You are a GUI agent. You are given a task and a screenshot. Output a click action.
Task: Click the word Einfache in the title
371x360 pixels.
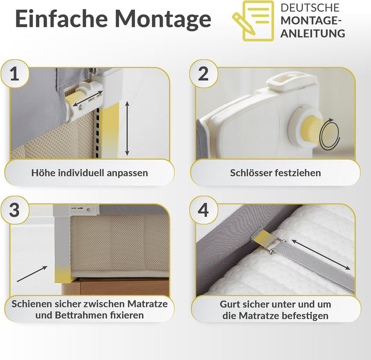61,19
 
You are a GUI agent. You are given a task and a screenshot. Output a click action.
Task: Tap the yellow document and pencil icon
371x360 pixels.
253,21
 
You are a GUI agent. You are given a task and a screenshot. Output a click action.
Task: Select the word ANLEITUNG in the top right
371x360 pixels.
313,33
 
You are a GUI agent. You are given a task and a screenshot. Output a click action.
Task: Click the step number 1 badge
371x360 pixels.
14,74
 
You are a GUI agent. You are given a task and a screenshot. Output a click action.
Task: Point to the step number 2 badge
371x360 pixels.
203,74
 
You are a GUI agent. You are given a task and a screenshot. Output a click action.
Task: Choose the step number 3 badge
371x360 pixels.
14,210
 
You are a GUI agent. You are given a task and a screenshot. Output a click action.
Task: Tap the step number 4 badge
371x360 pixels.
203,210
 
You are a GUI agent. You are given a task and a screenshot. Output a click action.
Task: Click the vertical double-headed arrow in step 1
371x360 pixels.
127,128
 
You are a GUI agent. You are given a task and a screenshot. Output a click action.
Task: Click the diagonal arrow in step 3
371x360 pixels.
32,273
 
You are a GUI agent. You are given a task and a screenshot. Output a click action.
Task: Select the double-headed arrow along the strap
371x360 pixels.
321,254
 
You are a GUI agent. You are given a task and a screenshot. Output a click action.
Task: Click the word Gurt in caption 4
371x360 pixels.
228,304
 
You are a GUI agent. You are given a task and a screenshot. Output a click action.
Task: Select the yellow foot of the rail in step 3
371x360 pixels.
62,275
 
